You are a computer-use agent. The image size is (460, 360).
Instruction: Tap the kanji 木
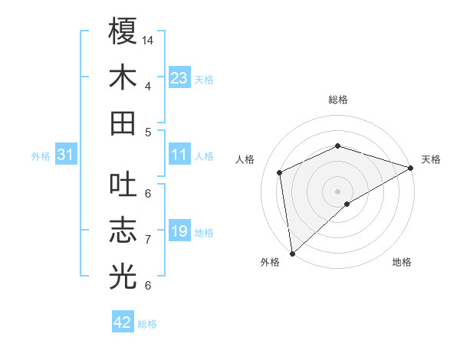point(123,77)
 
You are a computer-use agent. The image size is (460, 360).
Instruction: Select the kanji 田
point(123,123)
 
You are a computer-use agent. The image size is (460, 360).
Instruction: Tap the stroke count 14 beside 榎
point(149,40)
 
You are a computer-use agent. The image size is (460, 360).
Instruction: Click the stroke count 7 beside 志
point(148,240)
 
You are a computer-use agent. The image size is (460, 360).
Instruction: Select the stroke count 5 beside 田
point(148,132)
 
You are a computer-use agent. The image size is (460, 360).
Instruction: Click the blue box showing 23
point(179,77)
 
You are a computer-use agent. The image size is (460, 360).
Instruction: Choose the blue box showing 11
point(179,155)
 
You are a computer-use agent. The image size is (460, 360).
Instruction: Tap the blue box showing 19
point(179,231)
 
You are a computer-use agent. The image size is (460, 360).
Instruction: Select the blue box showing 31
point(66,155)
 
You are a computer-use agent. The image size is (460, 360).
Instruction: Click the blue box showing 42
point(123,322)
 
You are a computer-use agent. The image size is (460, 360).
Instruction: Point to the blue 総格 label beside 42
point(147,324)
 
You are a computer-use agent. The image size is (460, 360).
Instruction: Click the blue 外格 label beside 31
point(41,156)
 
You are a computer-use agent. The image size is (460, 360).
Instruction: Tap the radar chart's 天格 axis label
point(431,159)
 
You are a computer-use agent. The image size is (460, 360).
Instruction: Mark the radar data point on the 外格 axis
point(292,254)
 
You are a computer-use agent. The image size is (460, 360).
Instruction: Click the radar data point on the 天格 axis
point(411,169)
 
